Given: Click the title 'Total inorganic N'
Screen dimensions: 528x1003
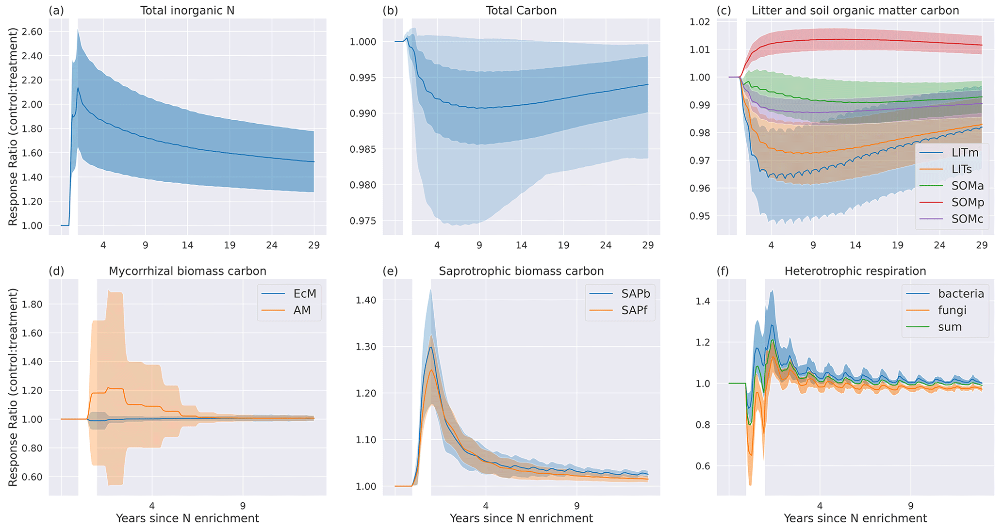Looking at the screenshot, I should (x=187, y=10).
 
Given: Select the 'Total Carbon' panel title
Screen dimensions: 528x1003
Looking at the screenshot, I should (x=521, y=10).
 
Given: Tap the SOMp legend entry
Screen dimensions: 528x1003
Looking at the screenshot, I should (x=967, y=202).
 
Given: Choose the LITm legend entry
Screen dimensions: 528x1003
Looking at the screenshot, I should (x=965, y=153).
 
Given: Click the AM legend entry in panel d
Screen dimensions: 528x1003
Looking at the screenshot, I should (x=302, y=310).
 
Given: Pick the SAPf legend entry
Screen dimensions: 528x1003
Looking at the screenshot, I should (x=634, y=310).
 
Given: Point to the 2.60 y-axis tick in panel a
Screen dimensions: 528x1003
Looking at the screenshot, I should (x=32, y=32).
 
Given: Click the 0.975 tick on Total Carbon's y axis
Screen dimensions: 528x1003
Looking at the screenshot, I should (x=362, y=221).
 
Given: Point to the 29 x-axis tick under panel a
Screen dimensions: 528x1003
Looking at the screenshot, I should (x=314, y=245).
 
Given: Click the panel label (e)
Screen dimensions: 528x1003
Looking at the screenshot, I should (x=390, y=271).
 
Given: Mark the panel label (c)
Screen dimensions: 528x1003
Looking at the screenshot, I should (x=724, y=10).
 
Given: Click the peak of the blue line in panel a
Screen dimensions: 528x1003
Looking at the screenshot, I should (x=78, y=88).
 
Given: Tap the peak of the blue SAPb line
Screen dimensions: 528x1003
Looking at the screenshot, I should (x=430, y=347).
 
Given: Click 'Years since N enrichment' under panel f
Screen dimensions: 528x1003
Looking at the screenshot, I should (x=855, y=518).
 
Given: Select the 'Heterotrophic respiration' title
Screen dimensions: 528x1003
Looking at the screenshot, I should (x=855, y=271).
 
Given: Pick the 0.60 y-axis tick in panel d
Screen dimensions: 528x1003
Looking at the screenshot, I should (x=32, y=477).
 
